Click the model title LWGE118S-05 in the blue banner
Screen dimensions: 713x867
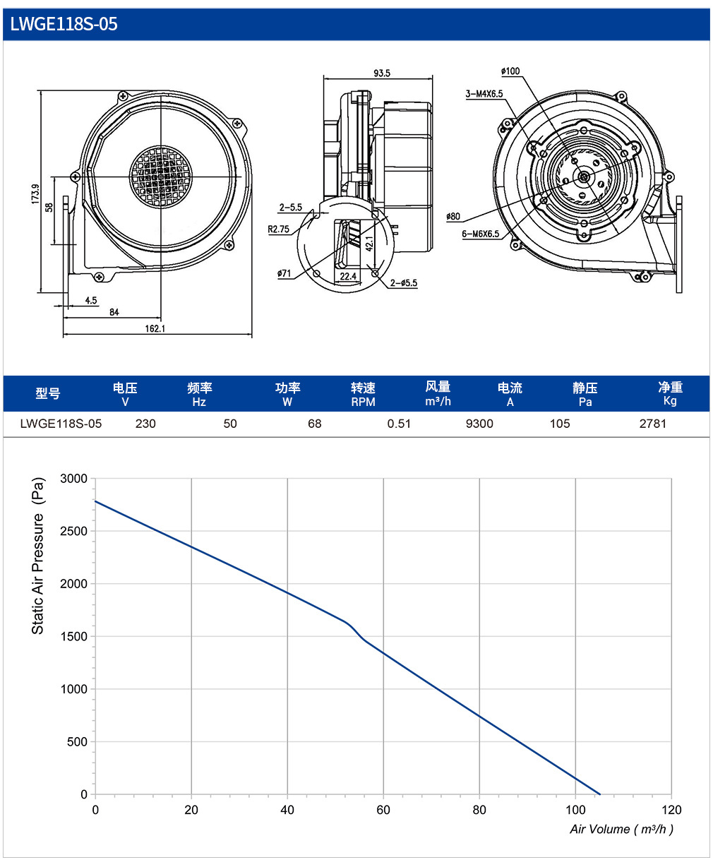click(x=64, y=24)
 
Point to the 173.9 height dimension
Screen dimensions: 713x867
click(x=35, y=194)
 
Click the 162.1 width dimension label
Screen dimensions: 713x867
click(x=155, y=328)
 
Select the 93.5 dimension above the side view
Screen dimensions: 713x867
click(x=382, y=73)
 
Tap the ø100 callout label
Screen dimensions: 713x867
click(x=510, y=71)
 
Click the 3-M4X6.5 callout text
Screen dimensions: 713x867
click(x=484, y=94)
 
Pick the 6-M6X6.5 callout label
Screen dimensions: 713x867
click(x=481, y=234)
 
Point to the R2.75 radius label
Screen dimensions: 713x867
click(x=279, y=229)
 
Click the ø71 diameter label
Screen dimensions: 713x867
click(x=284, y=273)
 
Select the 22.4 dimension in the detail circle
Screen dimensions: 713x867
click(x=348, y=276)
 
